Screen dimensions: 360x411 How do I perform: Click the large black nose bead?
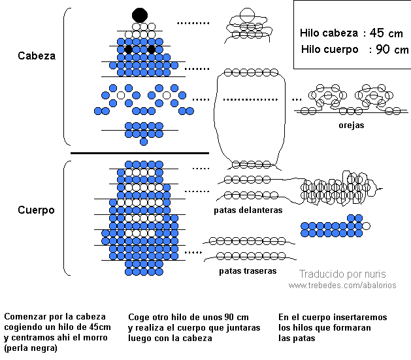click(140, 14)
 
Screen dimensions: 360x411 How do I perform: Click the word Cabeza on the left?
click(37, 56)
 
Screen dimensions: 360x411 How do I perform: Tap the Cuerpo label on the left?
click(36, 210)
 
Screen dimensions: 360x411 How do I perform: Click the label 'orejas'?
click(352, 125)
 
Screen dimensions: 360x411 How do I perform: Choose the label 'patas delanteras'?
click(248, 210)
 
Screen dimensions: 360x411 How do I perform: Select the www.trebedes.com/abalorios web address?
click(342, 286)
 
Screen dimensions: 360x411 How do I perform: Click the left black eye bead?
click(129, 50)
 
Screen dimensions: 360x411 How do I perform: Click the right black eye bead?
click(152, 50)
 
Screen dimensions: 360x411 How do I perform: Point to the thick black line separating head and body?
click(139, 153)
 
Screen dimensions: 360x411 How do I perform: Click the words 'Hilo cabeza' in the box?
click(328, 33)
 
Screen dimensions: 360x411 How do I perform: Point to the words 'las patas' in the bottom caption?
click(297, 338)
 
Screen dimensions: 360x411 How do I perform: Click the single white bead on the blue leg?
click(367, 225)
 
